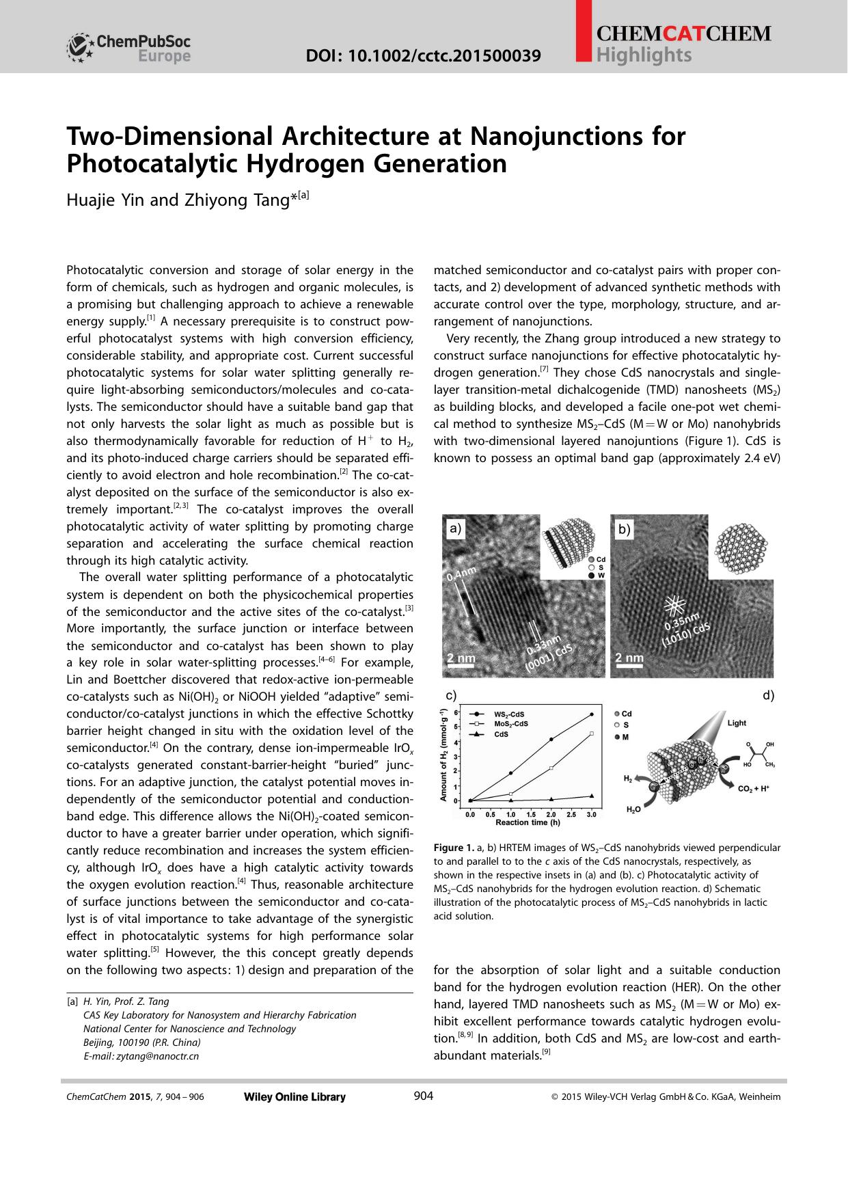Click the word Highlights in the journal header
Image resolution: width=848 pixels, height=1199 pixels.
(x=644, y=55)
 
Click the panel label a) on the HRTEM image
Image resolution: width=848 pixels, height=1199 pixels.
(x=455, y=528)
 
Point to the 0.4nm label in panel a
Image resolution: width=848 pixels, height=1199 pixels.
(x=461, y=573)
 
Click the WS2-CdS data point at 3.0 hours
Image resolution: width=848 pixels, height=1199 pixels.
(x=591, y=715)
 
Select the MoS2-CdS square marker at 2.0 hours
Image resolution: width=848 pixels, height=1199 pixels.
(x=551, y=768)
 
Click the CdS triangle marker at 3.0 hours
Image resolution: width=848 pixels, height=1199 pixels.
(x=591, y=796)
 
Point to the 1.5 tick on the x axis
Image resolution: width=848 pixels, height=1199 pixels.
(x=531, y=815)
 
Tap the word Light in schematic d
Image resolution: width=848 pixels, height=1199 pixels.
(x=737, y=723)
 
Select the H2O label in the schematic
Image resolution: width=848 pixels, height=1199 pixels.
(x=633, y=809)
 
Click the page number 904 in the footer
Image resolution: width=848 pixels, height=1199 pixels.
(x=424, y=1096)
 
